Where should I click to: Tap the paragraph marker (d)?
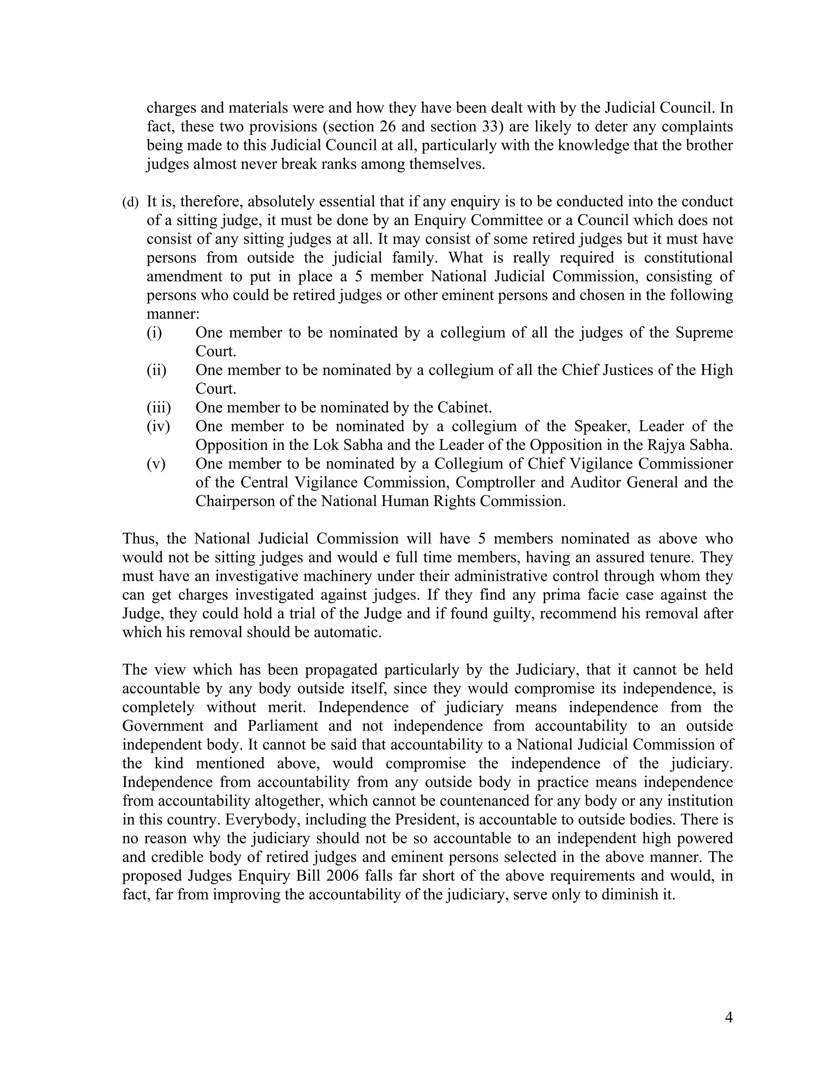(x=131, y=202)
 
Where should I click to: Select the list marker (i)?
(x=154, y=333)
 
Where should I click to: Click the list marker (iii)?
(x=159, y=408)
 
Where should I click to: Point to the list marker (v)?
(x=156, y=464)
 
